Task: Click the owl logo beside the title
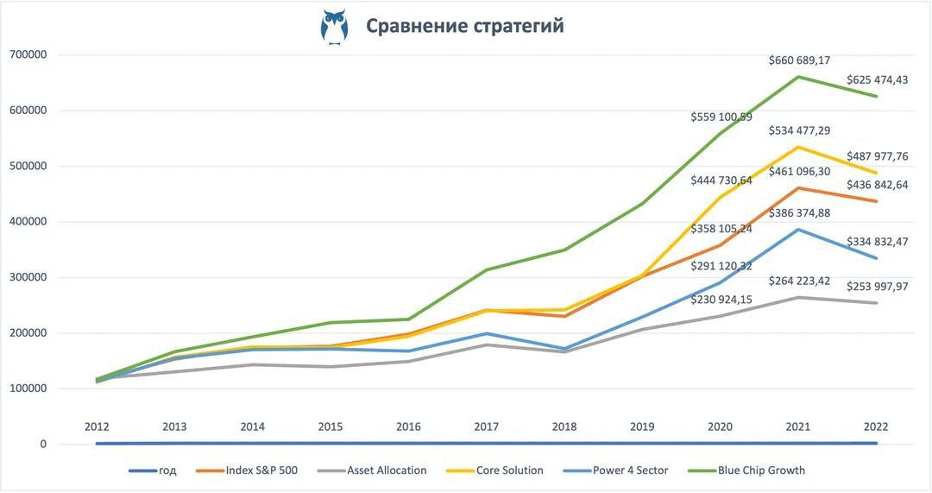[x=334, y=26]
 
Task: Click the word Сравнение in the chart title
[x=416, y=26]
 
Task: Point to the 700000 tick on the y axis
[x=28, y=54]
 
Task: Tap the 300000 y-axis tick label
[x=28, y=277]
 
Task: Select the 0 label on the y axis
[x=41, y=444]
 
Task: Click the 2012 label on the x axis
[x=97, y=427]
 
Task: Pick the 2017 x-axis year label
[x=487, y=427]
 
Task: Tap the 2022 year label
[x=876, y=427]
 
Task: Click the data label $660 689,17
[x=799, y=60]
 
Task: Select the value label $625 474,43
[x=877, y=79]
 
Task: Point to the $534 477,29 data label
[x=799, y=130]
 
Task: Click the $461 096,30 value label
[x=799, y=172]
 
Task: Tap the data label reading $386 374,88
[x=799, y=212]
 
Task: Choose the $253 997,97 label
[x=877, y=287]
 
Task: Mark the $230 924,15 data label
[x=721, y=299]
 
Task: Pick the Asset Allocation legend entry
[x=387, y=471]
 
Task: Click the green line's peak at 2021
[x=798, y=77]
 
